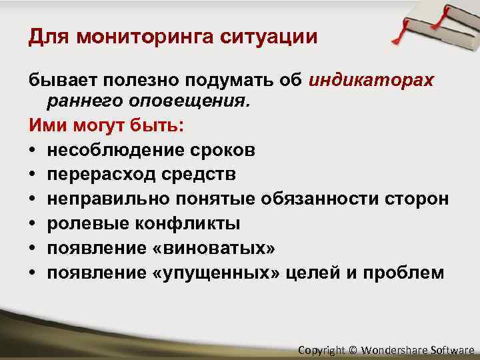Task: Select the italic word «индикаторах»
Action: tap(371, 81)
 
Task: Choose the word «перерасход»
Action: tap(99, 174)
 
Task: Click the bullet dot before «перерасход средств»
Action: tap(33, 175)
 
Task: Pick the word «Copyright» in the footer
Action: tap(322, 349)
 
